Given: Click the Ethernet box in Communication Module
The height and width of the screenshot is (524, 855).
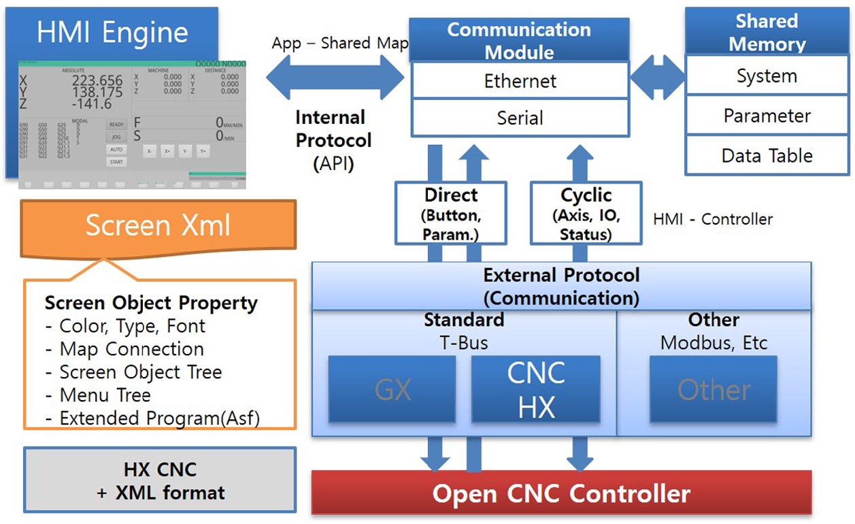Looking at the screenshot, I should pos(520,81).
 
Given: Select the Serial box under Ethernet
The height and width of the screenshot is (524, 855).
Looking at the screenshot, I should pos(520,118).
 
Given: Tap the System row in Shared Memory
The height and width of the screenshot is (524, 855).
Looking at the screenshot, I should pos(767,76).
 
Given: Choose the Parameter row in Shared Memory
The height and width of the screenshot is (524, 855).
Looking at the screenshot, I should pos(767,116).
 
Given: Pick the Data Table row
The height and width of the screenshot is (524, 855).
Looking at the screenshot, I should pos(767,155).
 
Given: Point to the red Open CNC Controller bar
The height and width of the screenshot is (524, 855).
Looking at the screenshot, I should pos(561,493).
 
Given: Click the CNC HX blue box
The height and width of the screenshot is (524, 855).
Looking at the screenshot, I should pos(536,390).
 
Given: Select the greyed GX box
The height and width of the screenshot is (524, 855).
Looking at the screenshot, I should pos(392,390).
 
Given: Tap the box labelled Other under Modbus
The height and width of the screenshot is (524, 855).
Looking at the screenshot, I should pos(714,390).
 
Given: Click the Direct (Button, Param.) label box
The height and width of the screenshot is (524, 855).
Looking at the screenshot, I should pos(451,213).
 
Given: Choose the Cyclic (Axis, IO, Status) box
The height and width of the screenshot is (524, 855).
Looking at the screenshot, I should pos(586,213).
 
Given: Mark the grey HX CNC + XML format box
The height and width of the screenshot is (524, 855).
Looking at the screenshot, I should pos(160,480).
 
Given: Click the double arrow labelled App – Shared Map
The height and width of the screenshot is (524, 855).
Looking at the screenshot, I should pos(335,77).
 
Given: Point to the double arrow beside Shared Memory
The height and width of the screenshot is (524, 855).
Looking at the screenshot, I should pos(658,77).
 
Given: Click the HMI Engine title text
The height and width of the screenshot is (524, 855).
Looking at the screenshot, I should pos(112,33).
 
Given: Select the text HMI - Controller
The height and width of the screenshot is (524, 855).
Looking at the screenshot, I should pos(713,219).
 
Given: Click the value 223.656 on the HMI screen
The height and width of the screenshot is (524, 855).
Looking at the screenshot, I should pos(97,81).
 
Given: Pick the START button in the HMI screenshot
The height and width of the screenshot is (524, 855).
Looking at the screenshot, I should pos(116,162).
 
